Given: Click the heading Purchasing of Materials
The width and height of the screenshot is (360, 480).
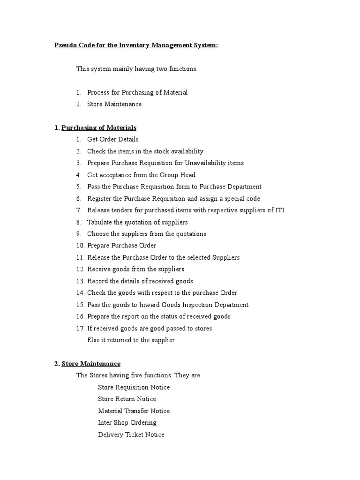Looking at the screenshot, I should [99, 127].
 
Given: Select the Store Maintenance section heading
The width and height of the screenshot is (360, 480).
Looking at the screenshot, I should [91, 364].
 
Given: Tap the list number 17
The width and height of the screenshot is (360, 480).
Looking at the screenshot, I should [80, 329].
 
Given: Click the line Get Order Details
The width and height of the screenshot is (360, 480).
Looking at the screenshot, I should [112, 139].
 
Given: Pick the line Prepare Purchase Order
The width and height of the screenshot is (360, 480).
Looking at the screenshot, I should [121, 246].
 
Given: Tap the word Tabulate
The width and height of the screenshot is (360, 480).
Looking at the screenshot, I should [101, 222].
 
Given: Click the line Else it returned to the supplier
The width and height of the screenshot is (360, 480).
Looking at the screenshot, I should [131, 340].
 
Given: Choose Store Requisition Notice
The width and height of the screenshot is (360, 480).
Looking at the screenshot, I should [134, 388].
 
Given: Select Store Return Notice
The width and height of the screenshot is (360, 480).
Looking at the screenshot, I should [127, 399].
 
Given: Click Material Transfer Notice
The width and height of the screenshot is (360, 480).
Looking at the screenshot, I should [134, 411].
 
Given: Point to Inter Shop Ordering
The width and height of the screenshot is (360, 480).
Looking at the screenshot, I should [127, 423].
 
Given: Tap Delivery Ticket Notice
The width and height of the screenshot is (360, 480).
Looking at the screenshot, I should [131, 435].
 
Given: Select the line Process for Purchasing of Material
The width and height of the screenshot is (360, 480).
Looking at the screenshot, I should [137, 92].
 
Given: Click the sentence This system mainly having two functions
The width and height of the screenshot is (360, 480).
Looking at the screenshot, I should [137, 69].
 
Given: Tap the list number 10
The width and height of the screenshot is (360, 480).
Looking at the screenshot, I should [80, 246].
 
